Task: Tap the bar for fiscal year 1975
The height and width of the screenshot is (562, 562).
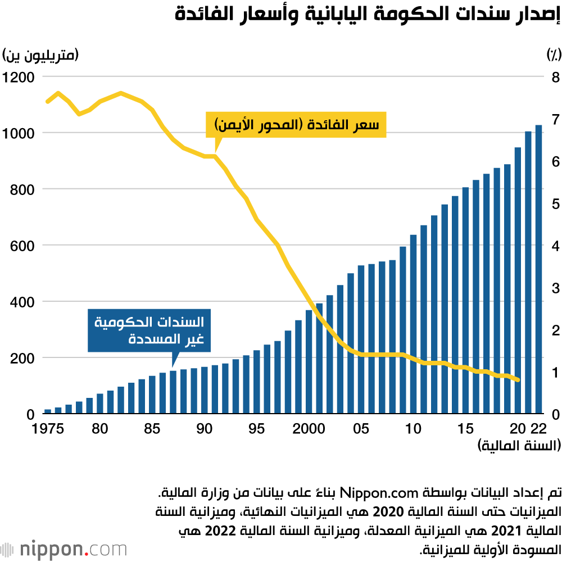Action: pos(48,411)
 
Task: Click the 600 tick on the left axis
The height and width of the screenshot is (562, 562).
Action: pos(22,246)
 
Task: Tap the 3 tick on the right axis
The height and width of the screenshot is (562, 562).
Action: pos(555,288)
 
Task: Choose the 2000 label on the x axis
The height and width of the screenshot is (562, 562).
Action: pos(309,429)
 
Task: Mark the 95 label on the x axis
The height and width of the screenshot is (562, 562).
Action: pos(256,429)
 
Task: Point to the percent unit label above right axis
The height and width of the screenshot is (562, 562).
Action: pos(553,55)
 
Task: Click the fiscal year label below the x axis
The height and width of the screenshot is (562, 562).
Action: pos(519,446)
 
